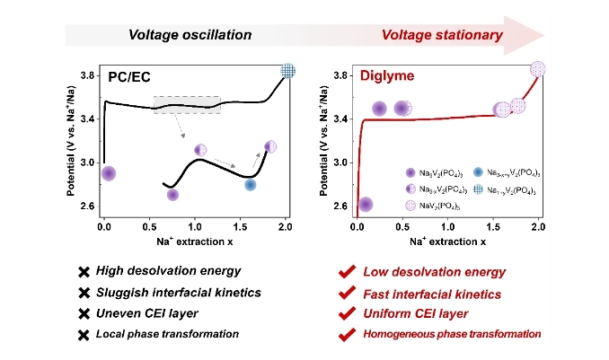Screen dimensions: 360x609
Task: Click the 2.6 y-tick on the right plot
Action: click(x=340, y=206)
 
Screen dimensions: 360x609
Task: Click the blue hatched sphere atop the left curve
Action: click(x=288, y=71)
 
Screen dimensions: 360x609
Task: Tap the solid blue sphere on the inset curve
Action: click(x=251, y=184)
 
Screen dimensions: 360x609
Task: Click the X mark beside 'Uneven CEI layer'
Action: click(x=84, y=313)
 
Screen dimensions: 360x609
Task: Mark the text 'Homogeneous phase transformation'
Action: click(x=452, y=334)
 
